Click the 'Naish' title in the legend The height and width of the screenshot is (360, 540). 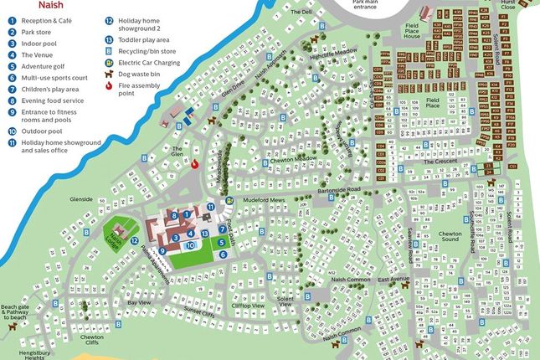20,4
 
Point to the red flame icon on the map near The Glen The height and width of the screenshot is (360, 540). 196,164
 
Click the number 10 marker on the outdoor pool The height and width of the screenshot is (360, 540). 191,244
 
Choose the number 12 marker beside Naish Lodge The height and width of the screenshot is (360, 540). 134,240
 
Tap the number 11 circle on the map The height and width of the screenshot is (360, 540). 211,206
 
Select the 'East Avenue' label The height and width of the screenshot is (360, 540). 392,279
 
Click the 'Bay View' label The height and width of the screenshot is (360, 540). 138,300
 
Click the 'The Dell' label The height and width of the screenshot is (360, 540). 300,13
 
